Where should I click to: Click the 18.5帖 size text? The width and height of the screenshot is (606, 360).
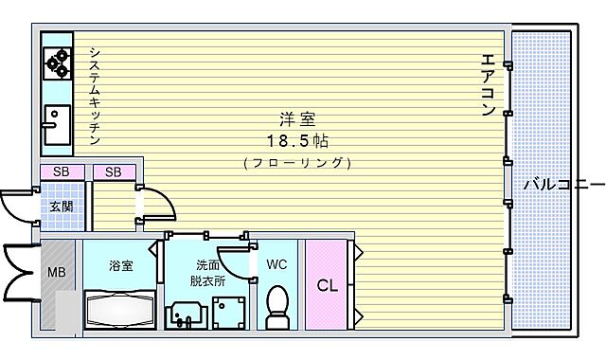296,140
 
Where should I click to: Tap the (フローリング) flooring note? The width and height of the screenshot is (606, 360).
296,162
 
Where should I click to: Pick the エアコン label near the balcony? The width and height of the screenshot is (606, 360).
488,84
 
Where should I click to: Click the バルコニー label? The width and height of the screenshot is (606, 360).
564,183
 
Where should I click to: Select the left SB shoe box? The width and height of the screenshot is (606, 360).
61,171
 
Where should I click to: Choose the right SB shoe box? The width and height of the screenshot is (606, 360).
114,171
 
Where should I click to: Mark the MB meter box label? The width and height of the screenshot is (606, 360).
57,275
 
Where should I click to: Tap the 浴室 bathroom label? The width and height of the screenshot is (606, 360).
120,265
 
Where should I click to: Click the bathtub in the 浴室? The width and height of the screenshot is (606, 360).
120,310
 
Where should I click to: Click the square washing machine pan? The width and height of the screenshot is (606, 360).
227,311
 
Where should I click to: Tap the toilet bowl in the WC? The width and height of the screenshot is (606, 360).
277,308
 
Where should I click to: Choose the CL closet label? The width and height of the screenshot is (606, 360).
328,285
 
